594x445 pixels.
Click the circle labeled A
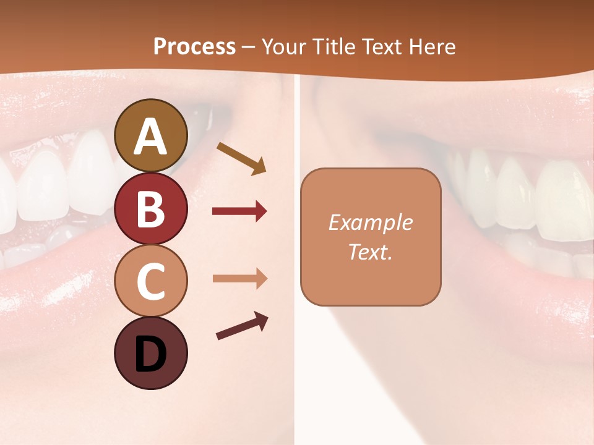click(x=150, y=135)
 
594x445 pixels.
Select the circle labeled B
click(x=150, y=208)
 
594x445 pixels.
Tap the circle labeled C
click(x=150, y=281)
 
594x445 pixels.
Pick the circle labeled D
click(x=150, y=353)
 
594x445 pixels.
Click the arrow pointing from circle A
click(x=241, y=158)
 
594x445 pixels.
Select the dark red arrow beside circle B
click(x=239, y=212)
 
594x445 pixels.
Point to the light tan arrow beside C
click(x=239, y=279)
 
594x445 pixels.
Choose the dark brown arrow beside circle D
click(x=242, y=326)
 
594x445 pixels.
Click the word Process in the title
click(x=194, y=46)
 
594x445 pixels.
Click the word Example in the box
click(x=370, y=222)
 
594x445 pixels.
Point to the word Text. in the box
click(x=370, y=252)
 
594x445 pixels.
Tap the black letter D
click(x=150, y=354)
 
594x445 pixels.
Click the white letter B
click(x=150, y=209)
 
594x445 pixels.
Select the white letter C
click(x=150, y=282)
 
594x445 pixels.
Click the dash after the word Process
click(x=248, y=47)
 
